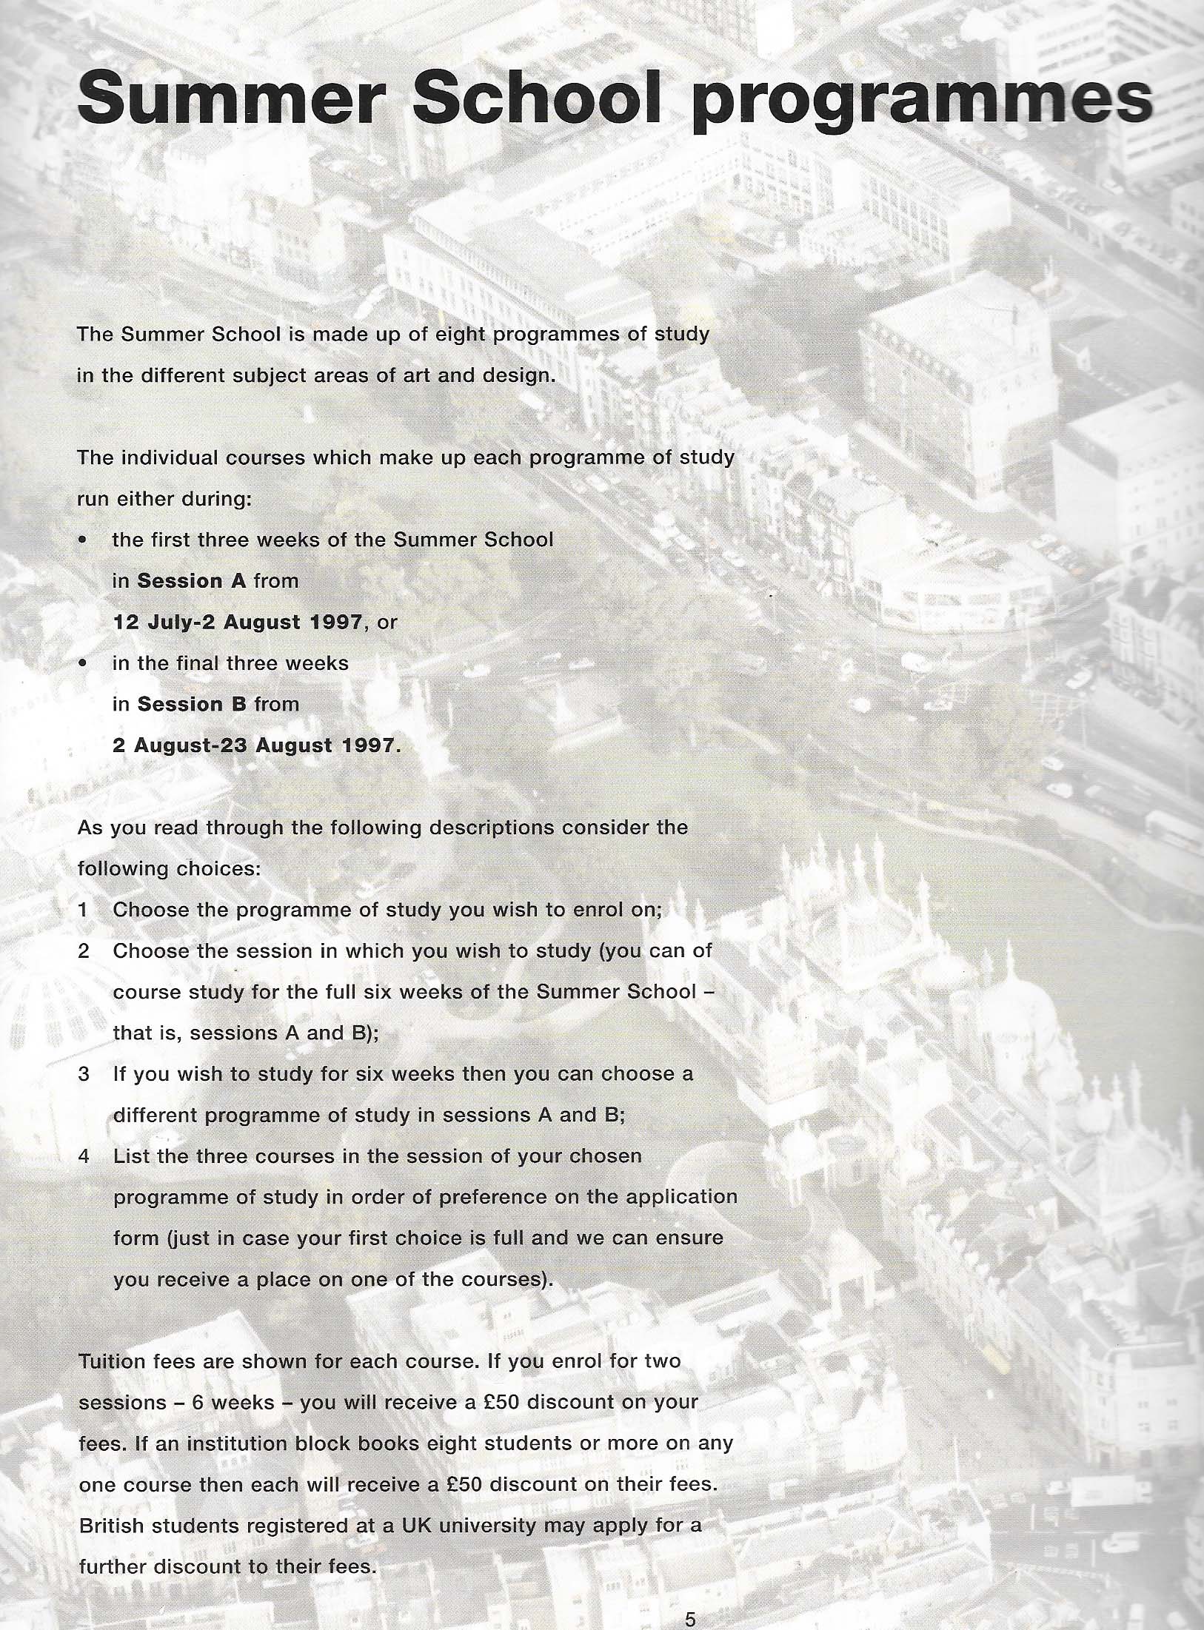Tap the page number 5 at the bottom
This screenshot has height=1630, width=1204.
(690, 1614)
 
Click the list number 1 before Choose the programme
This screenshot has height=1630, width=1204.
(84, 910)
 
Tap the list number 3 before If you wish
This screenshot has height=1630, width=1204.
(84, 1074)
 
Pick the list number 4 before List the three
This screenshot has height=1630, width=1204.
(84, 1156)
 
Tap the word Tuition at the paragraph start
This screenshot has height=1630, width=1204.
(111, 1361)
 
